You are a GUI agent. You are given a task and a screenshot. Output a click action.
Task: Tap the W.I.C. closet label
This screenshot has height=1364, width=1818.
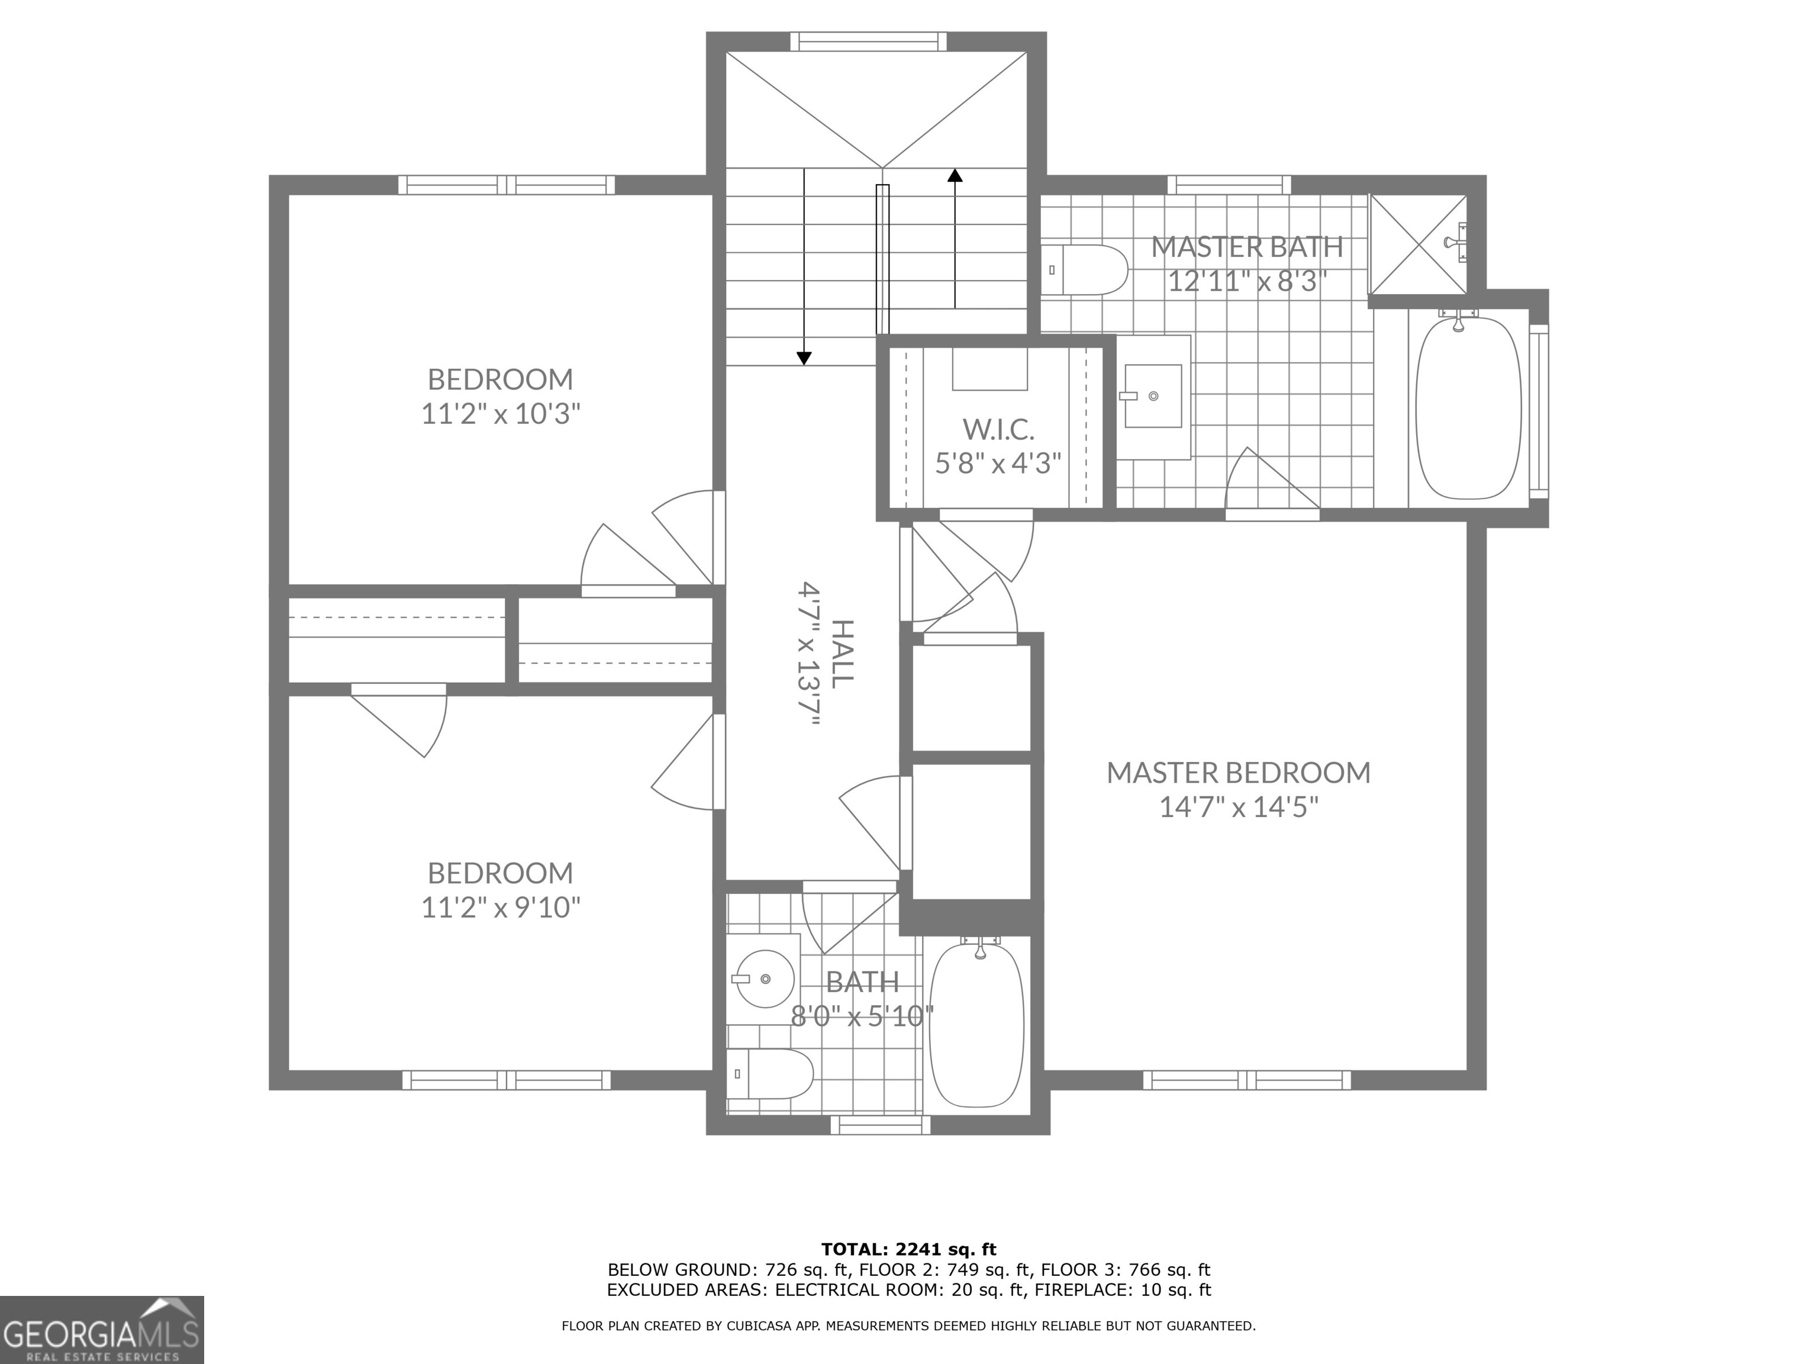[998, 429]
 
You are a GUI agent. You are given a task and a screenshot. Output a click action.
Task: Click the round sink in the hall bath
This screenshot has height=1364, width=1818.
[765, 979]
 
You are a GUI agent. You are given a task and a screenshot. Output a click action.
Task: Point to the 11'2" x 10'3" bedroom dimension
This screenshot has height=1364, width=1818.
[501, 414]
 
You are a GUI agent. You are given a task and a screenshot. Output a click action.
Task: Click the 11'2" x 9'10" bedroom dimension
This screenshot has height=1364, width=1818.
[501, 907]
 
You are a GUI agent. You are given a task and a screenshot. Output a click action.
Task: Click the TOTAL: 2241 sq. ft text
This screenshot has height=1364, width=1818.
[908, 1250]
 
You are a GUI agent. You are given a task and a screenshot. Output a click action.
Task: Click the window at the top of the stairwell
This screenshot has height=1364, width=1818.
[868, 41]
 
